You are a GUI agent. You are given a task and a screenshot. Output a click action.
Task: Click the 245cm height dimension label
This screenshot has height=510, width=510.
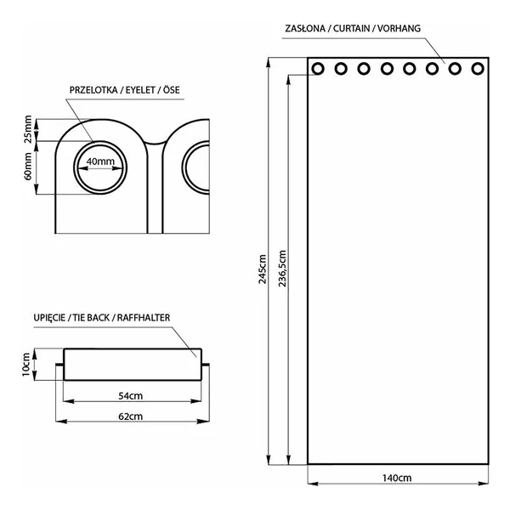263,269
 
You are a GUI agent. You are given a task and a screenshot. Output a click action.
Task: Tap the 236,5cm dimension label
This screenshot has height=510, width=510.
282,269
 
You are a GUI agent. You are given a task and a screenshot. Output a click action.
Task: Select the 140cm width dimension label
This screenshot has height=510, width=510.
396,478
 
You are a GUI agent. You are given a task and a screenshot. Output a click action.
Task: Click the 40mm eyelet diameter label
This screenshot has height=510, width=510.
100,161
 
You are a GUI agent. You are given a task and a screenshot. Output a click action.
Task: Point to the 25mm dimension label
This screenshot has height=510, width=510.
28,129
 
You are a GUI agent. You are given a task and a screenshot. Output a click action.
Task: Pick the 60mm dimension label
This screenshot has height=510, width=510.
28,167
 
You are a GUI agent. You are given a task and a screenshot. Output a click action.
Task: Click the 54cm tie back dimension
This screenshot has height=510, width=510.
130,396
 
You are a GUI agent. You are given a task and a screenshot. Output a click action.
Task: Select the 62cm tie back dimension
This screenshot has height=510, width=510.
130,416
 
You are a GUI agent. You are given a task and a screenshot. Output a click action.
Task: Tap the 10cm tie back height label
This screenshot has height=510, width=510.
26,365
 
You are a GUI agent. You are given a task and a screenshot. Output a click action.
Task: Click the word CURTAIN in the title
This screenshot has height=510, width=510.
352,29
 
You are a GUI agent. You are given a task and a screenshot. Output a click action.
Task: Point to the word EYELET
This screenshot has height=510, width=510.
140,90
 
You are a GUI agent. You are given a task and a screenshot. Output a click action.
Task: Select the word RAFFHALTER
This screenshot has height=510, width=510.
144,317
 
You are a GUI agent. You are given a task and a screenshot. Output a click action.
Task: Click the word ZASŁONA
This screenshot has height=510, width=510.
305,29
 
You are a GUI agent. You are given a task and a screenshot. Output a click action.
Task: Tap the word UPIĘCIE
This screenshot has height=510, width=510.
49,318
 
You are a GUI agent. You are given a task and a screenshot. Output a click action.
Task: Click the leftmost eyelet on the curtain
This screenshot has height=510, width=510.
318,69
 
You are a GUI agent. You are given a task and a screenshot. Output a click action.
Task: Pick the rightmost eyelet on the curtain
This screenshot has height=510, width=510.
478,69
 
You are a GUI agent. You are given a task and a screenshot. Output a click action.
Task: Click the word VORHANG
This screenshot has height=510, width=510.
399,29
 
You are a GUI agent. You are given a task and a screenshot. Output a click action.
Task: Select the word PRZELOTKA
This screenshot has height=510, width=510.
93,90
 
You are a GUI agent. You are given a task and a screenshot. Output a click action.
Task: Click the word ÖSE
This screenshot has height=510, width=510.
172,89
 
